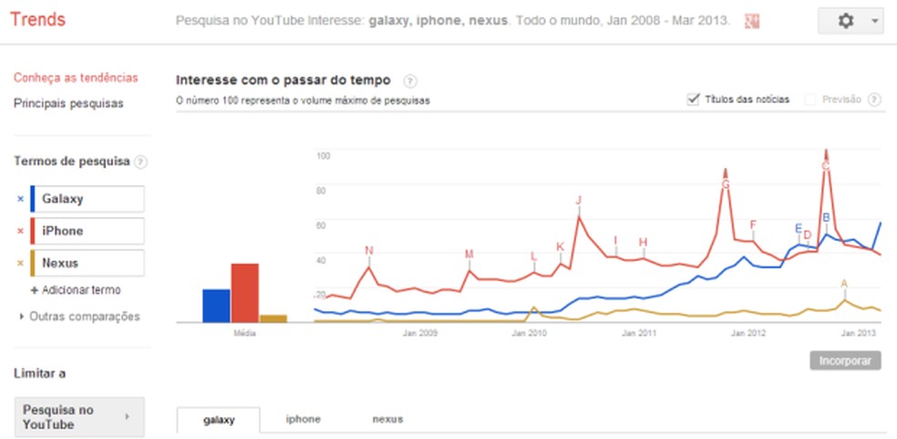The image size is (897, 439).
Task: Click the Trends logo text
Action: coord(39,19)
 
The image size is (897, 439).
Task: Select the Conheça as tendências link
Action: coord(76,78)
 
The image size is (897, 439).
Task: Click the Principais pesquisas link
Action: coord(68,103)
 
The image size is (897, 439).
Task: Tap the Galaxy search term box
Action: coord(88,199)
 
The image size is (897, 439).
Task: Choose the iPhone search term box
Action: coord(88,231)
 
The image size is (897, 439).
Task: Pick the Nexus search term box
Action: coord(88,263)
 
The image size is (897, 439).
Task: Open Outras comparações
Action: coord(84,317)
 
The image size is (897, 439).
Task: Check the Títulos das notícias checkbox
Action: coord(693,99)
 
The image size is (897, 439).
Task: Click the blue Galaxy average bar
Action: coord(216,306)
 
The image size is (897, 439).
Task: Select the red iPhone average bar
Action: coord(244,293)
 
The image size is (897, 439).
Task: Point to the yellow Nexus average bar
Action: coord(273,318)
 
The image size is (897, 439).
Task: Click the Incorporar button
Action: coord(845,361)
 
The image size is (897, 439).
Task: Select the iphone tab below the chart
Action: coord(303,420)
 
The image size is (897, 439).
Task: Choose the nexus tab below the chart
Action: coord(387,420)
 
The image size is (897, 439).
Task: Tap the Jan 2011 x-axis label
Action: coord(640,334)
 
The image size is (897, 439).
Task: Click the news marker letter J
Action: coord(578,200)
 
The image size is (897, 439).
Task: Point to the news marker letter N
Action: coord(368,250)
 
